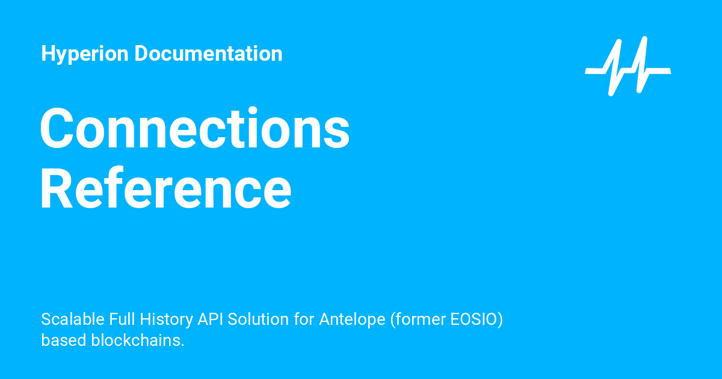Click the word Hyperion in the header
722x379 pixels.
pos(85,54)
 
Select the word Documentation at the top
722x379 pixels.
pos(208,54)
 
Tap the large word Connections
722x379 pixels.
pos(194,129)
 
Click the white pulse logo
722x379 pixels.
pos(628,66)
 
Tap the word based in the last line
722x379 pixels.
pos(63,340)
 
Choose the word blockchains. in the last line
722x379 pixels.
pos(137,340)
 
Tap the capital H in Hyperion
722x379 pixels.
pos(48,54)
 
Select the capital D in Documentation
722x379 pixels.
pos(140,54)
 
